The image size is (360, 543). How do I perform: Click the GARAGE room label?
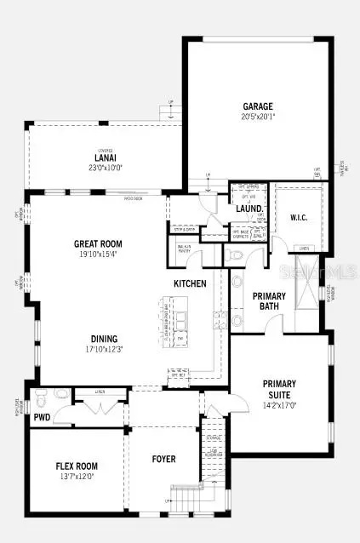click(257, 107)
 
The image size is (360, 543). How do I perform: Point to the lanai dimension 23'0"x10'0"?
click(105, 169)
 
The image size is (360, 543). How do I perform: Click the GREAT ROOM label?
click(98, 243)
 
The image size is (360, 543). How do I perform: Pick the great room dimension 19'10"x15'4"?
click(98, 254)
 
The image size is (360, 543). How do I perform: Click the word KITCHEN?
click(191, 283)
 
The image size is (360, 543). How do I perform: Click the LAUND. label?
click(249, 209)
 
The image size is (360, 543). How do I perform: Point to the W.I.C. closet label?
click(300, 216)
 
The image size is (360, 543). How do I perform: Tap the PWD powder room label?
click(43, 418)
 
